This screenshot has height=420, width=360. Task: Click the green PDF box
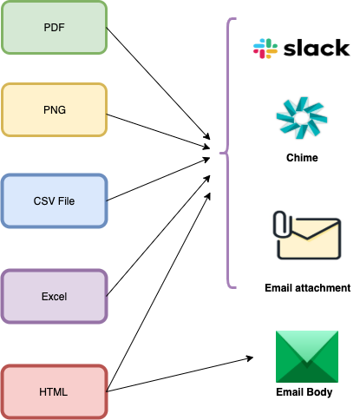point(54,28)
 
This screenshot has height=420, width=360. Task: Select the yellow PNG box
point(54,109)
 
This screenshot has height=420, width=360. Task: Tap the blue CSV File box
point(54,200)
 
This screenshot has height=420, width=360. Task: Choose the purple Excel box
point(54,296)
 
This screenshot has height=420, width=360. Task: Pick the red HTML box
point(54,391)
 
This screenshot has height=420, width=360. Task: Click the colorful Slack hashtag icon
point(265,49)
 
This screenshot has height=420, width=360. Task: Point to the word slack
point(317,48)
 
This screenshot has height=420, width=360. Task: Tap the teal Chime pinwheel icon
point(302,118)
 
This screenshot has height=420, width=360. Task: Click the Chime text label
point(302,158)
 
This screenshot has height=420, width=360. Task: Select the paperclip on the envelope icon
point(280,224)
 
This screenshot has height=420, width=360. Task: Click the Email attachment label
point(307,288)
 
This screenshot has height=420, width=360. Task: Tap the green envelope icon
point(307,357)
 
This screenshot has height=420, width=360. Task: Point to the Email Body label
point(304,392)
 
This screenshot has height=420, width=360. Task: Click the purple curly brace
point(228,153)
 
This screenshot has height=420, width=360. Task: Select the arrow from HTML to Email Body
point(180,375)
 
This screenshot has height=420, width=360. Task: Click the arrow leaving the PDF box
point(158,83)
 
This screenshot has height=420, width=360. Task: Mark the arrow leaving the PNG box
point(158,132)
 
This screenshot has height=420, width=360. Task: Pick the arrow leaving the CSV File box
point(158,179)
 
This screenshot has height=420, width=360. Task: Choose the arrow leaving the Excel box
point(158,235)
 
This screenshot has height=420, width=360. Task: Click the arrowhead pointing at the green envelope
point(250,358)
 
